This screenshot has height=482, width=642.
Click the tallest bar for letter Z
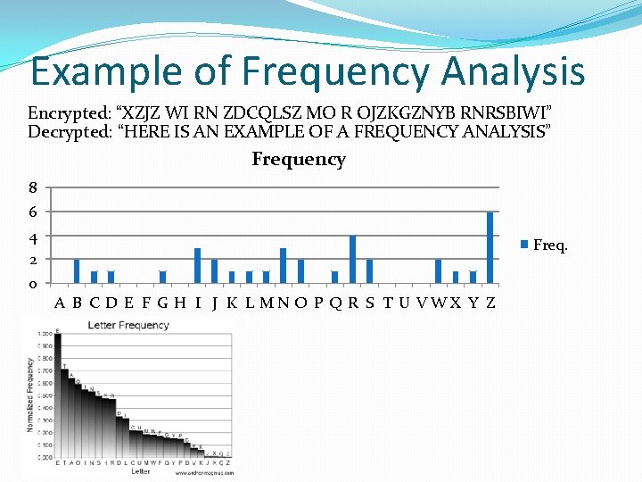coord(490,247)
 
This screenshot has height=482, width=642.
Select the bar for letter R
coord(352,259)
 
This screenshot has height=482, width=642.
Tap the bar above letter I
coord(197,265)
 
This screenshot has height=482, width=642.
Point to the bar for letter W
coord(438,270)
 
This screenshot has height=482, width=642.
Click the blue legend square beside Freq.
coord(525,245)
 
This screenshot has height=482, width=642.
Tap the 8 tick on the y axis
coord(34,188)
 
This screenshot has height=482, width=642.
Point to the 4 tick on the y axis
coord(34,237)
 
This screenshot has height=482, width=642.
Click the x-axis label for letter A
coord(59,303)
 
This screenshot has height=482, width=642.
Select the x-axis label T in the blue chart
coord(387,303)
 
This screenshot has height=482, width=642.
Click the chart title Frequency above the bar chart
coord(298,160)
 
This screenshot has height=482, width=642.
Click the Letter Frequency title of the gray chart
coord(128,325)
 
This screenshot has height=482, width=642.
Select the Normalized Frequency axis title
coord(29,395)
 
